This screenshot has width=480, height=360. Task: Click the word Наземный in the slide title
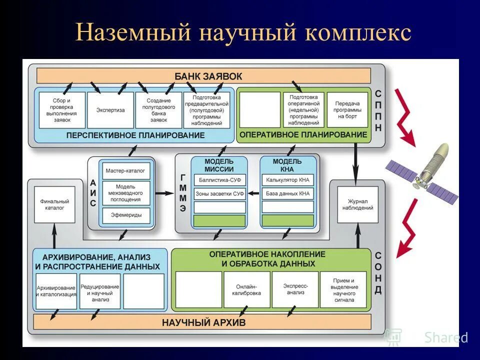(133, 33)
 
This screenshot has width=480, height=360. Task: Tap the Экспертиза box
(110, 110)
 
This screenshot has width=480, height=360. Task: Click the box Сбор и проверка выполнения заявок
(62, 110)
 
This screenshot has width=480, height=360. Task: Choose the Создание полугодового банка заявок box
(158, 110)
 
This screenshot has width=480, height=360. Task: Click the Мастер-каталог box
(125, 170)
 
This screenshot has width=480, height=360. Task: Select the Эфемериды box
(125, 214)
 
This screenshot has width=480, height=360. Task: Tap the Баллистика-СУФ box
(220, 179)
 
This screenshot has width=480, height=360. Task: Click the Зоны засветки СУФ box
(220, 193)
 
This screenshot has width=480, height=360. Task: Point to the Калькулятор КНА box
(287, 179)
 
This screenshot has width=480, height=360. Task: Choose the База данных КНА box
(287, 193)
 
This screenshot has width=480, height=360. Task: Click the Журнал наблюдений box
(358, 204)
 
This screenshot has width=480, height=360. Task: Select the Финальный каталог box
(54, 204)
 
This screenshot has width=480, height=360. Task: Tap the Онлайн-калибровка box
(247, 290)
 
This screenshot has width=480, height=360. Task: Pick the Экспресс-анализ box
(295, 290)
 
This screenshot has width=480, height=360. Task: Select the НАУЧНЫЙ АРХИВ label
(203, 322)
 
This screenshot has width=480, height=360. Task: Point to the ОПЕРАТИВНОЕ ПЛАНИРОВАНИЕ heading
(303, 135)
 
